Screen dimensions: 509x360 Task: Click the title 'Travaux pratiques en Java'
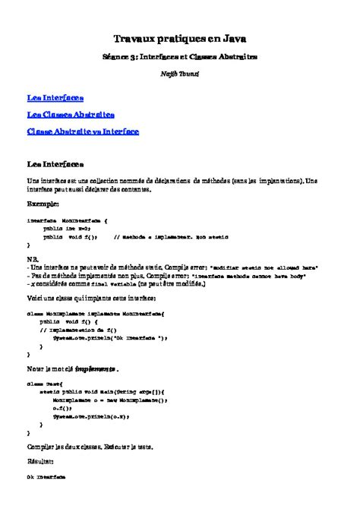point(180,37)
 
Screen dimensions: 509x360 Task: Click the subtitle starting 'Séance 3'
point(180,56)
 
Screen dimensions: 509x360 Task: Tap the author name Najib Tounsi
point(180,74)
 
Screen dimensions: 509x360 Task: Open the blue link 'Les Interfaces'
point(55,99)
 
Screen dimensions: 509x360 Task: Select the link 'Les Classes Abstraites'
point(71,115)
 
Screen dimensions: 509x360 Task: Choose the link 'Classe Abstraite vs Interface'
point(83,131)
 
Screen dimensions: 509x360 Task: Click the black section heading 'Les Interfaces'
point(55,163)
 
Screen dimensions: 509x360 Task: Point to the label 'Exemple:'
point(43,205)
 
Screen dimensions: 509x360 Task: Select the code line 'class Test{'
point(43,384)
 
